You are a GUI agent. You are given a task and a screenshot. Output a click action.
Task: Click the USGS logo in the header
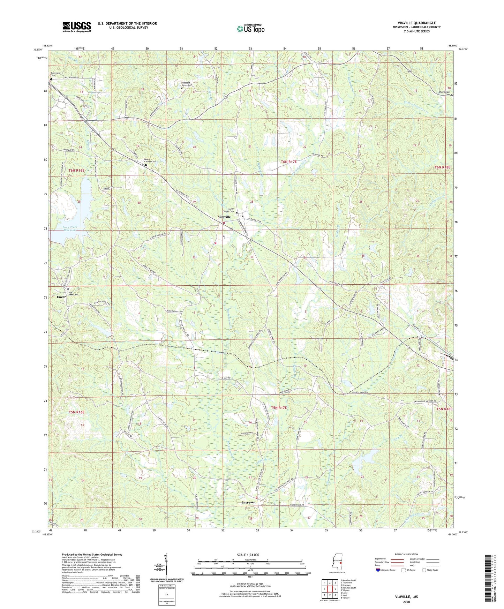pos(77,27)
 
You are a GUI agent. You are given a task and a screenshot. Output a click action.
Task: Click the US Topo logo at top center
pos(250,28)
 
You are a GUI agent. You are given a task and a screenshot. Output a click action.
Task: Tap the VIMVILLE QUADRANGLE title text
pos(416,23)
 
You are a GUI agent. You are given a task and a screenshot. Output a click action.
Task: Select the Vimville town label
pos(224,217)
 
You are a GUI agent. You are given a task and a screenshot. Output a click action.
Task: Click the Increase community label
pos(248,502)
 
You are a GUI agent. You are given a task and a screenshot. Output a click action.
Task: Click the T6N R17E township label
pos(288,162)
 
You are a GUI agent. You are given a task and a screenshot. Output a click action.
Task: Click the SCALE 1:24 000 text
pos(248,555)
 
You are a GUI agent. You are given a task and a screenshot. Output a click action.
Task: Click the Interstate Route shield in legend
pos(379,570)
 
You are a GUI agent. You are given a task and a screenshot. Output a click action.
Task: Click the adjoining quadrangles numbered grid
pos(330,589)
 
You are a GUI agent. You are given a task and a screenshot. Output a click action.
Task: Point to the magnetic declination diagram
pos(166,567)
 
